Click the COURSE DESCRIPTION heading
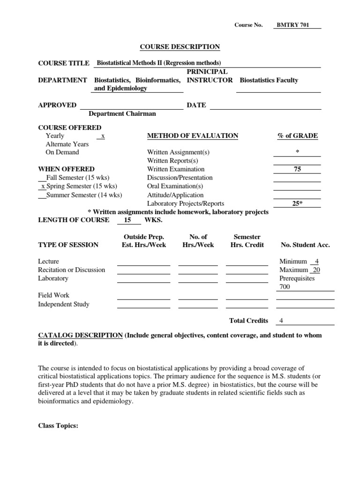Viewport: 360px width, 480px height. pos(180,46)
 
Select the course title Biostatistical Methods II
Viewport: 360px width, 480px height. pos(158,63)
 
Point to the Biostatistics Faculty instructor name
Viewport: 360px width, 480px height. pos(269,80)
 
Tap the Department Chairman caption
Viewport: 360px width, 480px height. pos(122,113)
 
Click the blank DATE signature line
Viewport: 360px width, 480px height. pos(265,105)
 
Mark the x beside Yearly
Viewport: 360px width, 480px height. pos(103,136)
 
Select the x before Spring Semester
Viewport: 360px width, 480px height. pos(43,186)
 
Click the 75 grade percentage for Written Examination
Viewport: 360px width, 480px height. pos(297,169)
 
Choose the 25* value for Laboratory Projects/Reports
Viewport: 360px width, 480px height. pos(297,203)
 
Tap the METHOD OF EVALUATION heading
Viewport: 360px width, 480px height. pos(193,135)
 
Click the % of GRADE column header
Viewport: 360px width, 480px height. pos(297,135)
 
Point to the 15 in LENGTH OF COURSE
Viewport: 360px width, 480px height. pos(127,220)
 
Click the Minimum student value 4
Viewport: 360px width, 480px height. pos(317,261)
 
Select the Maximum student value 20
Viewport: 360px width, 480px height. pos(316,270)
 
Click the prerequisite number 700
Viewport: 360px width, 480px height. pos(285,287)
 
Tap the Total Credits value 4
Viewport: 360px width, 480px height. pos(281,321)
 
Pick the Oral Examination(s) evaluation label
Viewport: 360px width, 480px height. pos(175,186)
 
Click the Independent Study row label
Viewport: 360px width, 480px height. pos(64,304)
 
